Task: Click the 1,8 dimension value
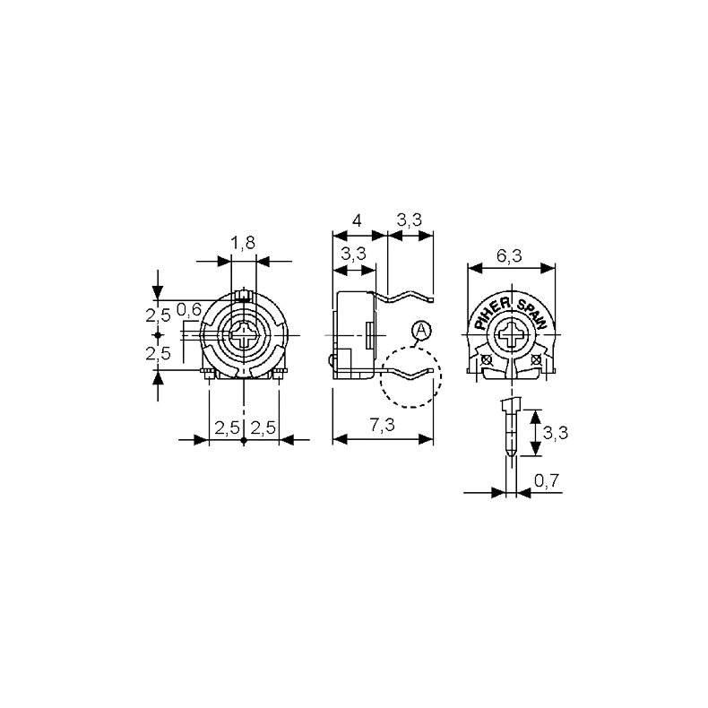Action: click(x=243, y=242)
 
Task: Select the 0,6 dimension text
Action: click(x=187, y=309)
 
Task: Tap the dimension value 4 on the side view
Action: click(x=357, y=220)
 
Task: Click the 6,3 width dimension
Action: click(x=510, y=256)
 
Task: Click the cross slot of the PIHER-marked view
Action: click(x=513, y=338)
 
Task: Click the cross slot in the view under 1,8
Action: click(x=244, y=338)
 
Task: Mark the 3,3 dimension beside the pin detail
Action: click(x=556, y=433)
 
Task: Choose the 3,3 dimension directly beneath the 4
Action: click(x=353, y=254)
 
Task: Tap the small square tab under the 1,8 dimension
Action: click(x=244, y=294)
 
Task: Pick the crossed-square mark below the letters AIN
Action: click(x=536, y=360)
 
